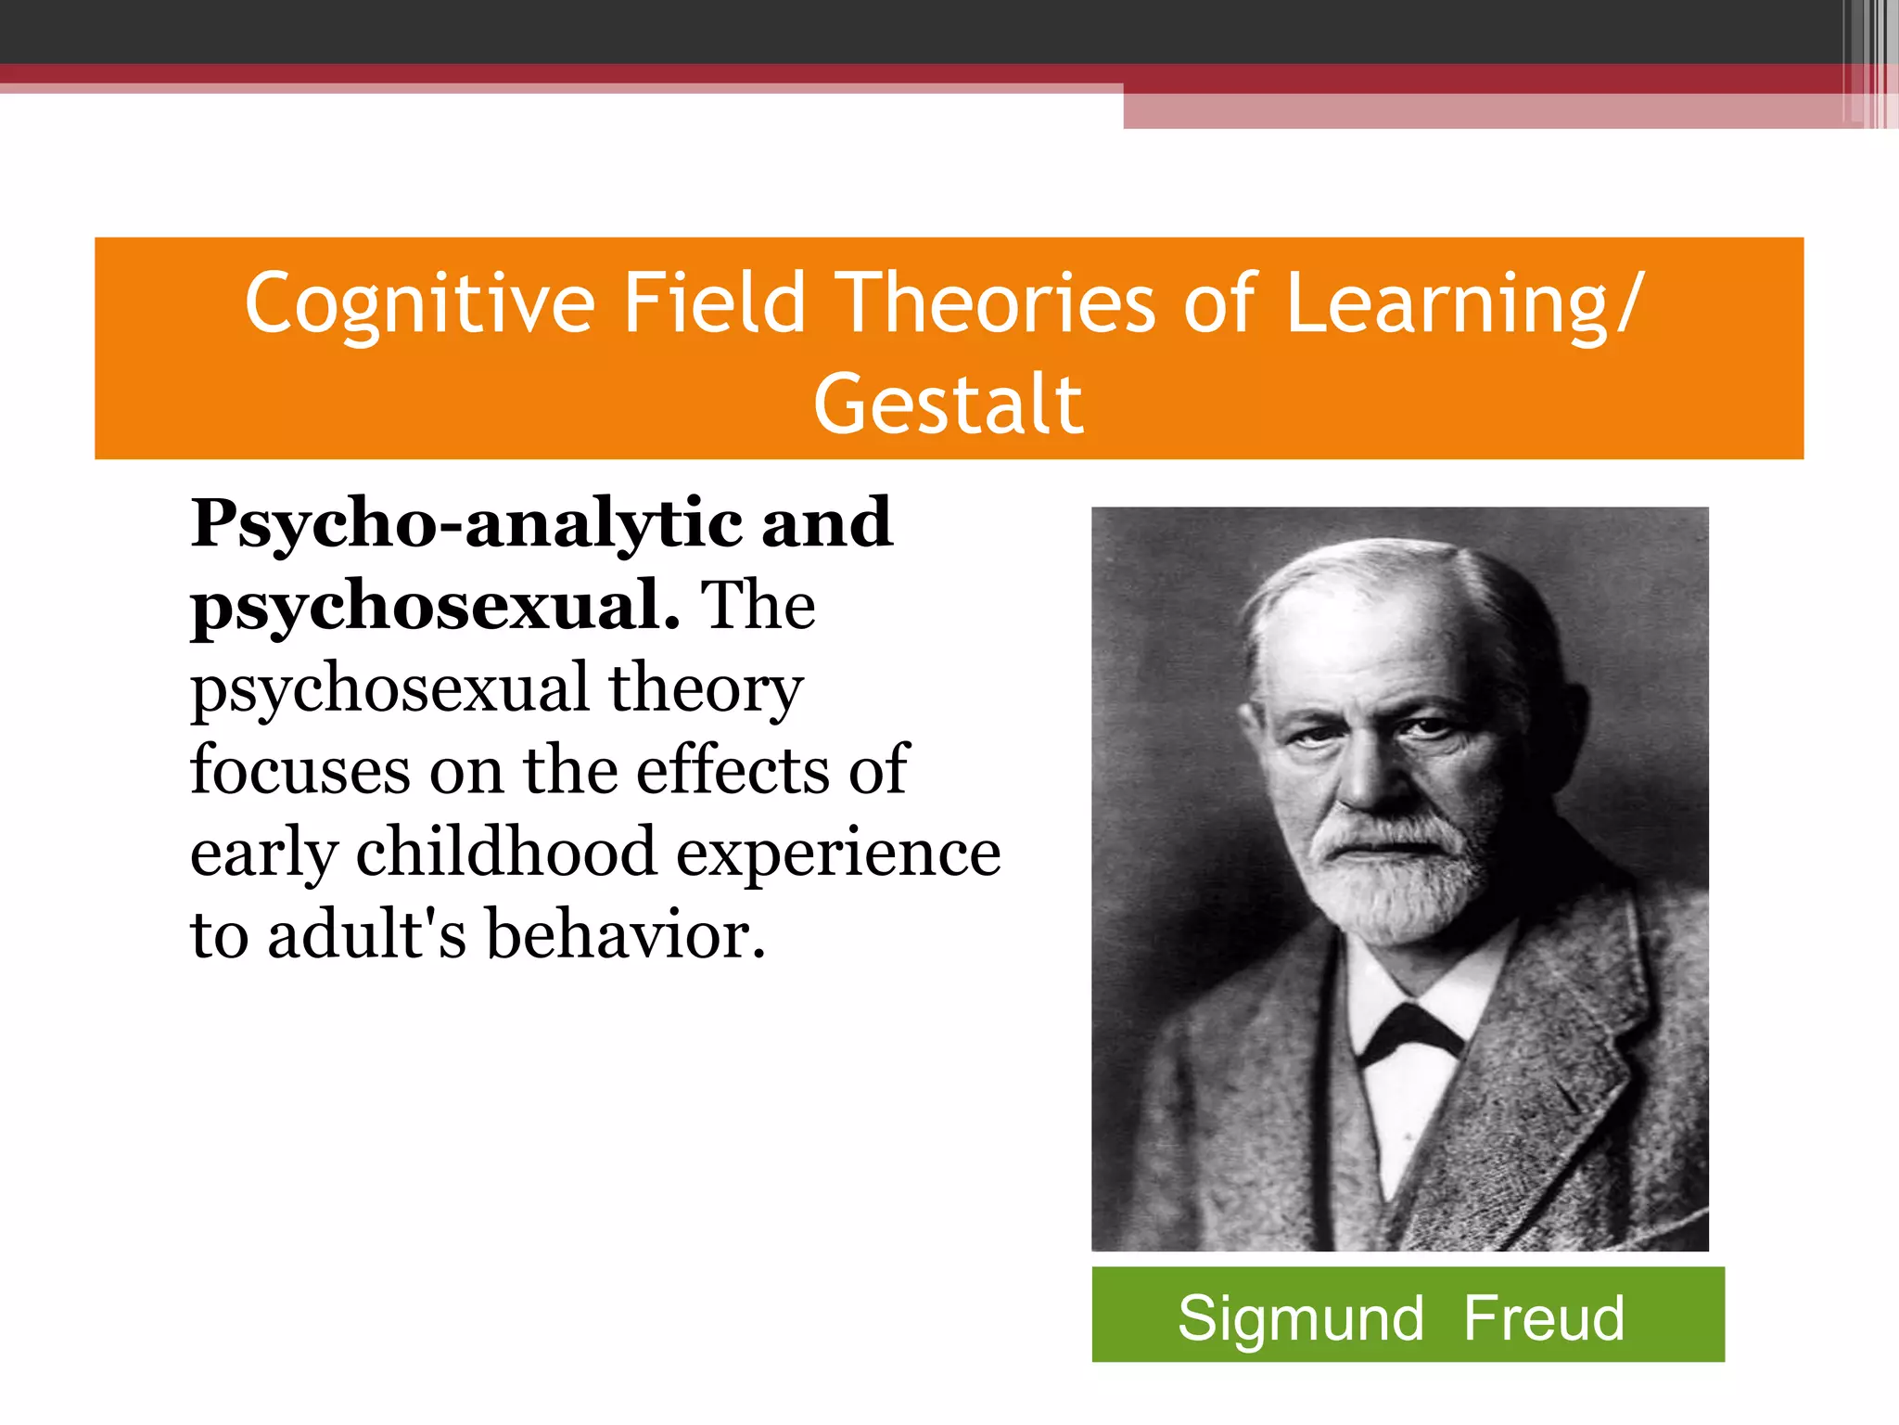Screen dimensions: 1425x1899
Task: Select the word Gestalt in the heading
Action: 948,404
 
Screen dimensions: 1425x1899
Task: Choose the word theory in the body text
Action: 706,688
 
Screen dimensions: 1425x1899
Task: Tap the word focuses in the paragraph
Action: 300,770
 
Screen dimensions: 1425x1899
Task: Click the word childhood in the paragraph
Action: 506,852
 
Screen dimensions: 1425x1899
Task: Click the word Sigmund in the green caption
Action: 1300,1317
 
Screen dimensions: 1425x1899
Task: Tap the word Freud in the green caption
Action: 1544,1317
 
